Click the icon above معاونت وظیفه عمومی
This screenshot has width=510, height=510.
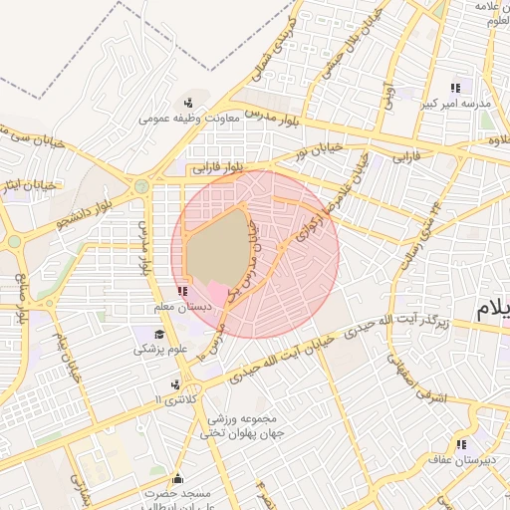[187, 102]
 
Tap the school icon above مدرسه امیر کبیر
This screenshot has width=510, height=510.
[457, 87]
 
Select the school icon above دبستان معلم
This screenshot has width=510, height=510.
[181, 291]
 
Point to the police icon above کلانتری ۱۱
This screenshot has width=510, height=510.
[175, 383]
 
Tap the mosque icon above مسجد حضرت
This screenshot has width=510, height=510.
[178, 477]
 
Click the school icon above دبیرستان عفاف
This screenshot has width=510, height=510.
[460, 444]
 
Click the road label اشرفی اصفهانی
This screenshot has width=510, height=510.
[428, 381]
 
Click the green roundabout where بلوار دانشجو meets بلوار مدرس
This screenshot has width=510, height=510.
[142, 185]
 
